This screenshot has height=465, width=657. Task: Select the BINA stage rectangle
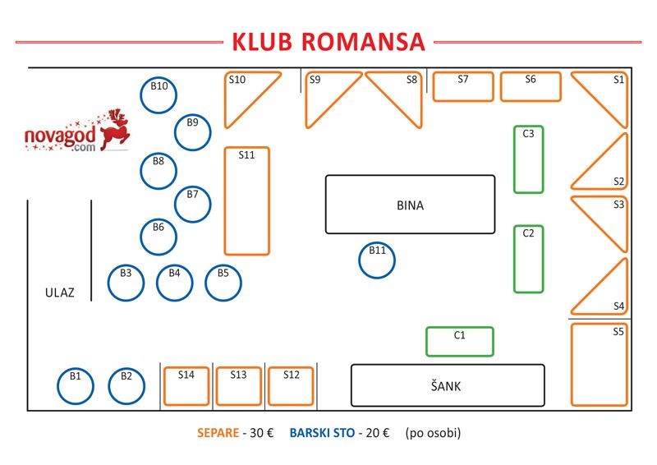pos(410,176)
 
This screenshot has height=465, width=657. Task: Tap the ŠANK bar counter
pos(448,366)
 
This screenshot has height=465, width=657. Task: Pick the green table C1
pos(460,329)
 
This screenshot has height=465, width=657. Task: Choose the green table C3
pos(516,159)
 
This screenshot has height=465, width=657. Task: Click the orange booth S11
pos(226,200)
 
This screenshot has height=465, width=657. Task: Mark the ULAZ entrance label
pos(59,292)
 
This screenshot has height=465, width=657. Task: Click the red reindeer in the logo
pos(114,131)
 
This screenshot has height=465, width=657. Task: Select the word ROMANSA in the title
pos(363,42)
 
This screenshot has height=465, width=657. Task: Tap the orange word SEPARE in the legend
pos(218,433)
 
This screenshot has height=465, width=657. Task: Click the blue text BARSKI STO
pos(322,433)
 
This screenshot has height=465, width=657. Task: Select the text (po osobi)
pos(433,433)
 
